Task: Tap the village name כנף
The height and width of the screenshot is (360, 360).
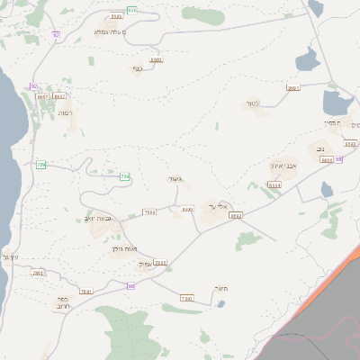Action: coord(138,68)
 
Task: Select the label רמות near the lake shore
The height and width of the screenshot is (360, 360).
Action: coord(66,114)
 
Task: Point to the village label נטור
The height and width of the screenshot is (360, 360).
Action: coord(252,103)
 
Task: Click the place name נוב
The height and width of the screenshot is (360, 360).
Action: coord(320,148)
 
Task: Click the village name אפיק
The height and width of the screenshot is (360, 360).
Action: coord(143,264)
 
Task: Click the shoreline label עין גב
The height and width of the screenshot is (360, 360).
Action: coord(10,258)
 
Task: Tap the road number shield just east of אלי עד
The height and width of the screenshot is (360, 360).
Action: coord(237,216)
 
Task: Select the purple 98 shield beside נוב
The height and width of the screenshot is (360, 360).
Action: coord(339,158)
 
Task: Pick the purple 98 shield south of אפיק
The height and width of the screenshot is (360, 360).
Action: coord(130,286)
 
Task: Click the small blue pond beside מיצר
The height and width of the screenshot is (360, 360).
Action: coord(220,303)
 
